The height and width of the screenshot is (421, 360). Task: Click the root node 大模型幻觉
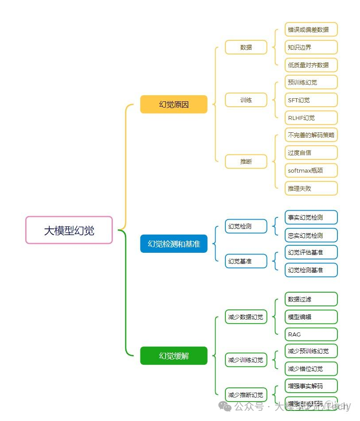(x=69, y=230)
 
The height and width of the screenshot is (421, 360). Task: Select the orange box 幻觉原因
(x=174, y=104)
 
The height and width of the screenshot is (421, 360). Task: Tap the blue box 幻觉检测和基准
(x=174, y=244)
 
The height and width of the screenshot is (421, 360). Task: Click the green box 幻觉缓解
(x=174, y=356)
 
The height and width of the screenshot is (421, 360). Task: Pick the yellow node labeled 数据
(x=246, y=47)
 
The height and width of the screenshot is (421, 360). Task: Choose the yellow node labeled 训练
(x=246, y=100)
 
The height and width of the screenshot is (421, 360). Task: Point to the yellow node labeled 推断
(x=246, y=162)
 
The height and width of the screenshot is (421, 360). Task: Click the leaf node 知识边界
(x=311, y=47)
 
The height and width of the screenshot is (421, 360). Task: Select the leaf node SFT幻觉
(x=311, y=100)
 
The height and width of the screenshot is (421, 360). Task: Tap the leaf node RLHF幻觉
(x=311, y=118)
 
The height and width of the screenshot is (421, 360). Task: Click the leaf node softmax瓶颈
(x=311, y=170)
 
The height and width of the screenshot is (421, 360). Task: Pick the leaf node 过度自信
(x=311, y=153)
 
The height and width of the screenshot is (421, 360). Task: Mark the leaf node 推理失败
(x=311, y=188)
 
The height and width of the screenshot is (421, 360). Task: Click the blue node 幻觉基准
(x=246, y=261)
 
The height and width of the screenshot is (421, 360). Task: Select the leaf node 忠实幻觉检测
(x=311, y=236)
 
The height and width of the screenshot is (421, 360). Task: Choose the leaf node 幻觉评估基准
(x=311, y=252)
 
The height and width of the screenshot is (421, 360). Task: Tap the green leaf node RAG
(x=311, y=334)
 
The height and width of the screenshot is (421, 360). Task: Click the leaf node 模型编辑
(x=311, y=317)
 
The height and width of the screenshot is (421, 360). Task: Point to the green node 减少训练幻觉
(x=246, y=360)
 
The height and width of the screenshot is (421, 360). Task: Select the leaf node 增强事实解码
(x=311, y=386)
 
